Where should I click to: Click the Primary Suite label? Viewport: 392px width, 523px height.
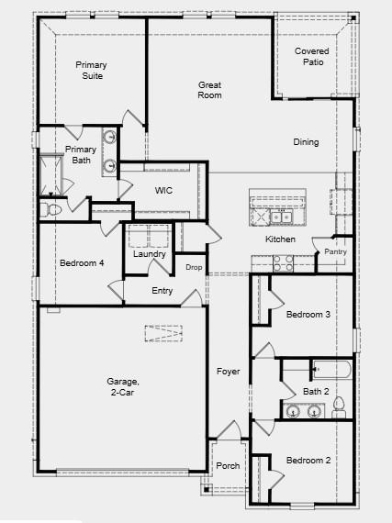click(x=92, y=70)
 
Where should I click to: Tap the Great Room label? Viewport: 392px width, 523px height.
click(x=210, y=89)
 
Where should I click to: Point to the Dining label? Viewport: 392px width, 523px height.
click(x=306, y=142)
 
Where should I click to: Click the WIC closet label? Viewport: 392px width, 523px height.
click(x=163, y=191)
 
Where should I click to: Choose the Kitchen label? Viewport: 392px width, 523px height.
click(x=280, y=239)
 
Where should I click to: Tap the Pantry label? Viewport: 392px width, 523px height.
click(x=335, y=251)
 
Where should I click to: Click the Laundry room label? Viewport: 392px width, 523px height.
click(x=149, y=254)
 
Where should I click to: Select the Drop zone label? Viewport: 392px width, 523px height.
click(x=194, y=267)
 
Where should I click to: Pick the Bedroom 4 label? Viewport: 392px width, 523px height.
click(x=82, y=263)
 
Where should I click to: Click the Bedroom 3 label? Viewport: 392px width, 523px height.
click(x=308, y=315)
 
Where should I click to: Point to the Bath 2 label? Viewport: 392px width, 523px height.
click(x=317, y=392)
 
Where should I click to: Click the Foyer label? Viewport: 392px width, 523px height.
click(x=228, y=372)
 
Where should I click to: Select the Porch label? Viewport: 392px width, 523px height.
click(x=228, y=466)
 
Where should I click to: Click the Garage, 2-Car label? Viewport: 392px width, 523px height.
click(x=122, y=386)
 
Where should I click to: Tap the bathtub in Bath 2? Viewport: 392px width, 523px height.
click(x=331, y=371)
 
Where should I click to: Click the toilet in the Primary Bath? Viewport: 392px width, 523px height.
click(x=53, y=210)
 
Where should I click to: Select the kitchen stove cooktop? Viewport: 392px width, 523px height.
click(x=282, y=261)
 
